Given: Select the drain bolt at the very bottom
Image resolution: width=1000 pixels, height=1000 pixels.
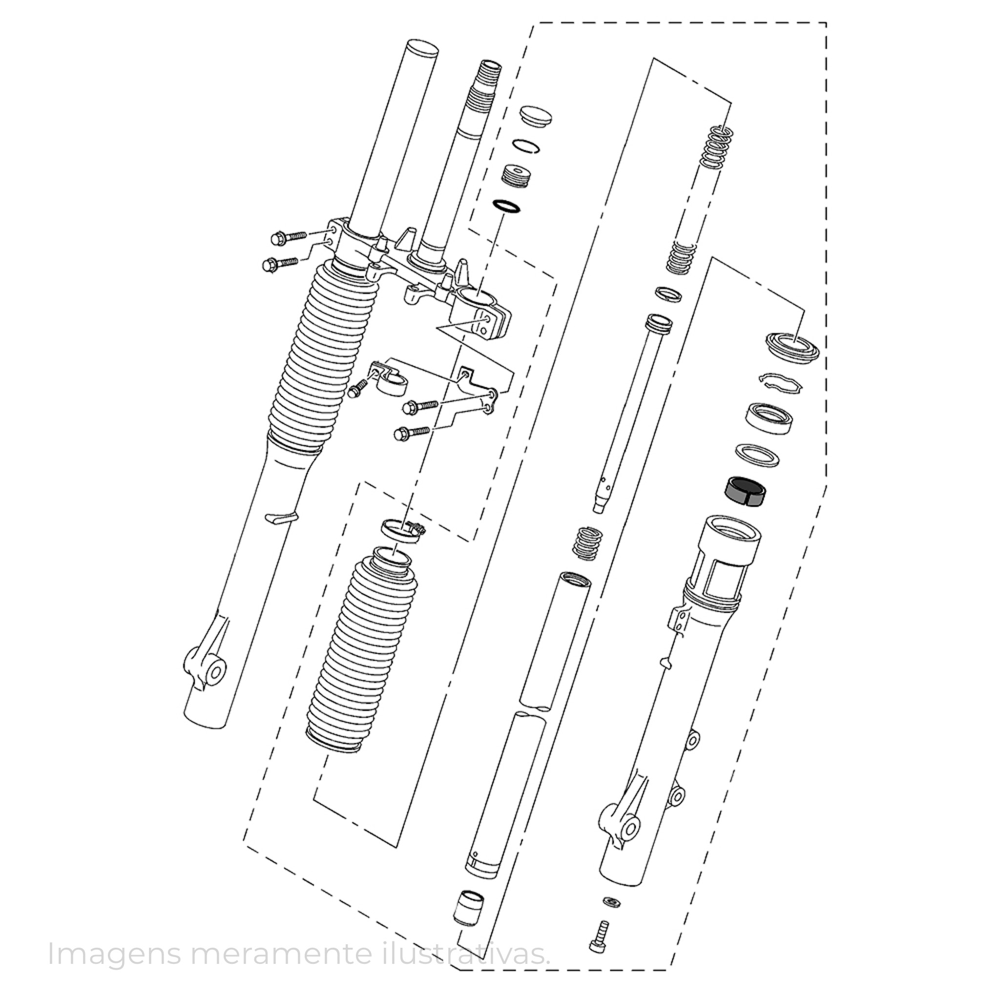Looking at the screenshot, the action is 601,921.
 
